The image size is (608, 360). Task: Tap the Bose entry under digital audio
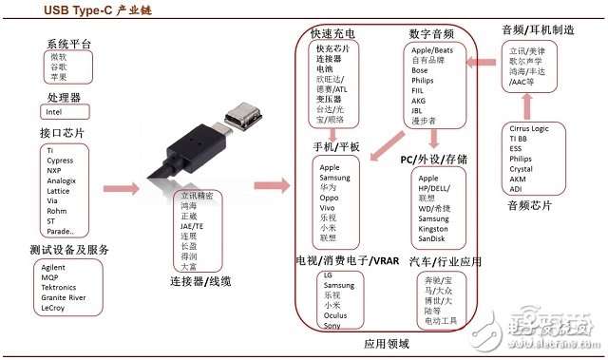click(x=419, y=70)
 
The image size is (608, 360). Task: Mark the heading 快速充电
click(x=332, y=33)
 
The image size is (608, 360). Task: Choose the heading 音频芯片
click(x=530, y=206)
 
